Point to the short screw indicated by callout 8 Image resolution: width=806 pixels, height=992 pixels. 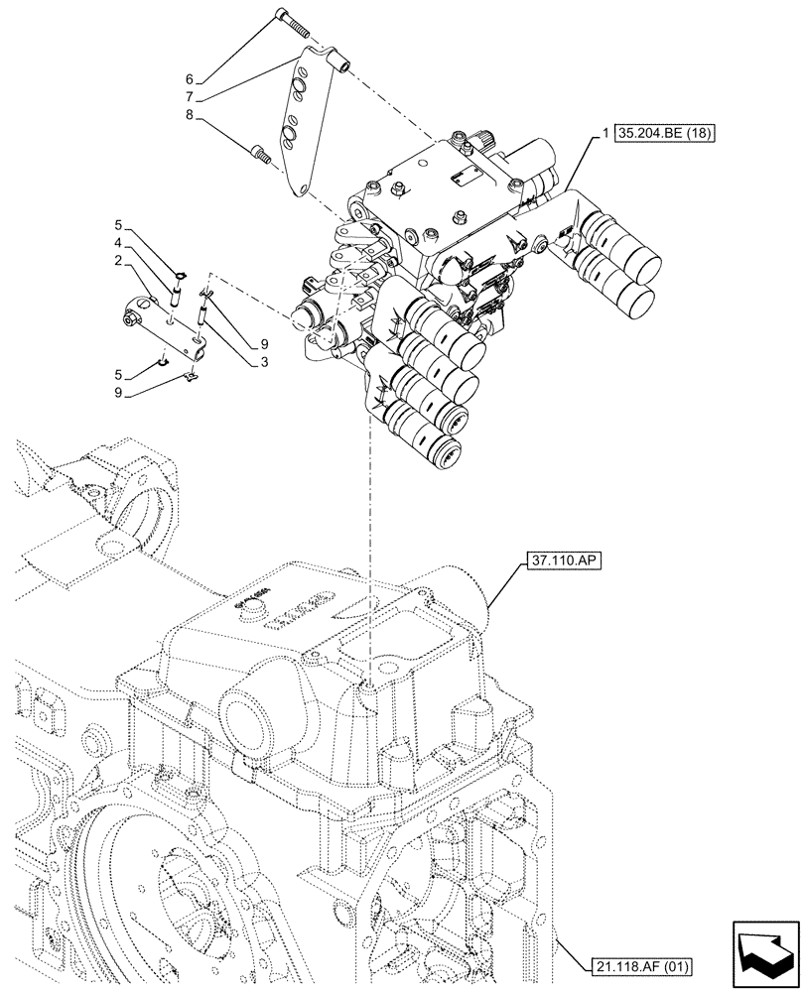pos(261,153)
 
